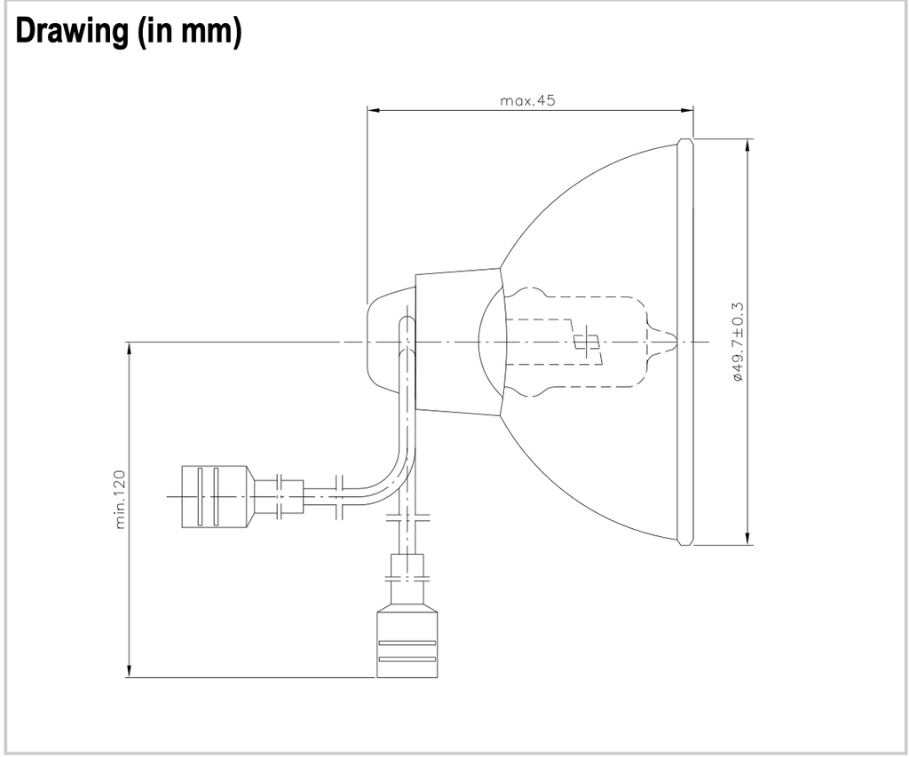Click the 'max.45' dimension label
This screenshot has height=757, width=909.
click(x=527, y=100)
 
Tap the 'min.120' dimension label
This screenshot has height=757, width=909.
click(x=120, y=499)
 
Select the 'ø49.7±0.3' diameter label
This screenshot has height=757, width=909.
click(x=738, y=342)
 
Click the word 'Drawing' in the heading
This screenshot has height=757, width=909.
click(x=71, y=31)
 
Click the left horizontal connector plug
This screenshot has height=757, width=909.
click(x=217, y=497)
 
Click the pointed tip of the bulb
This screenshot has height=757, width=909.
click(x=676, y=342)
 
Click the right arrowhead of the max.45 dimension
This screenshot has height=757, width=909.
click(x=688, y=110)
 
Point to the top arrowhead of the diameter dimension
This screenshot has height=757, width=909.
click(x=747, y=146)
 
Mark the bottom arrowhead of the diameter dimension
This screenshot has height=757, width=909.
click(x=747, y=538)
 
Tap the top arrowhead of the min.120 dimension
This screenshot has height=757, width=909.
click(x=129, y=349)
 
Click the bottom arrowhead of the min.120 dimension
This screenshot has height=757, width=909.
click(x=129, y=671)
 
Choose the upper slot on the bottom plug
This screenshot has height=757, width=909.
click(x=407, y=643)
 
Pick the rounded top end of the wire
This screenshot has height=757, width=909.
click(x=407, y=320)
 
